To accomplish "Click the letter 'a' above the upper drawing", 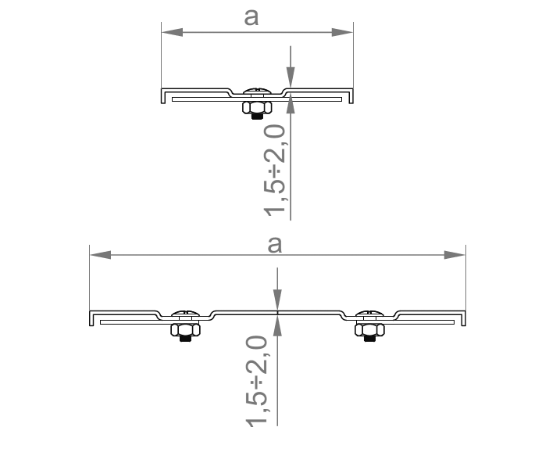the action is [x=251, y=18].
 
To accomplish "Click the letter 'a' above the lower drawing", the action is [x=275, y=245].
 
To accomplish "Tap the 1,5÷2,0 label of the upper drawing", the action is [x=275, y=170].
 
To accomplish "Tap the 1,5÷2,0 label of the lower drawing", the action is [x=256, y=381].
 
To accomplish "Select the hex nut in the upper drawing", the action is [x=257, y=108].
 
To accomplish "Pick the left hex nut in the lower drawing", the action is [x=185, y=330].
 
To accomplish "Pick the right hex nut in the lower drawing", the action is [x=369, y=330].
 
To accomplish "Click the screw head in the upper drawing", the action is [x=257, y=92].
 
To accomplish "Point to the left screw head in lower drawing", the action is [x=185, y=314].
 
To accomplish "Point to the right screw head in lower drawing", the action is [x=369, y=314].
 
